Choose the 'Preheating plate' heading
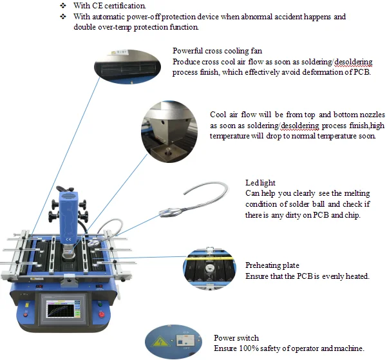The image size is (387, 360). [x=272, y=265]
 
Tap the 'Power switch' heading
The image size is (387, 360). [x=236, y=338]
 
